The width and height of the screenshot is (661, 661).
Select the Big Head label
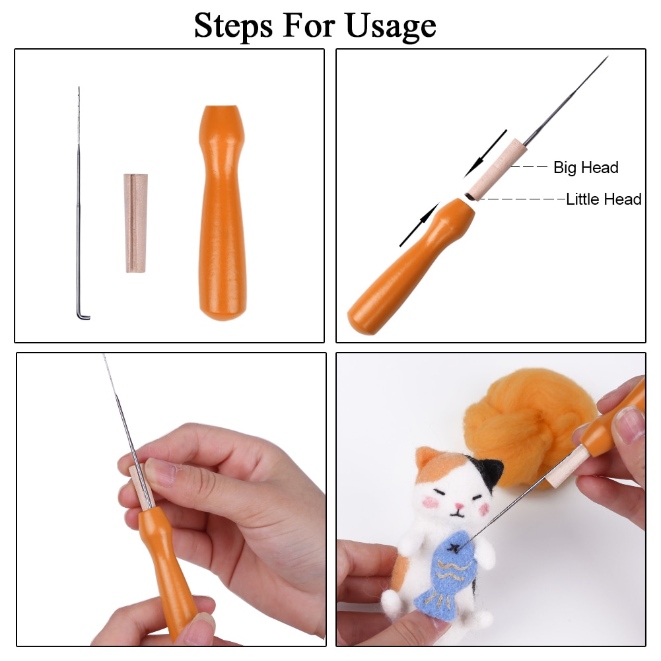(x=586, y=168)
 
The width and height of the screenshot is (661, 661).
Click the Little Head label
(x=604, y=199)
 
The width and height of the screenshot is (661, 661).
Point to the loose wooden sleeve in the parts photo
(x=137, y=223)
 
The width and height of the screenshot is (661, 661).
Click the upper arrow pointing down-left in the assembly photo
(x=485, y=153)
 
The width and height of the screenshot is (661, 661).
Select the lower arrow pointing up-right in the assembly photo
(x=419, y=225)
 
